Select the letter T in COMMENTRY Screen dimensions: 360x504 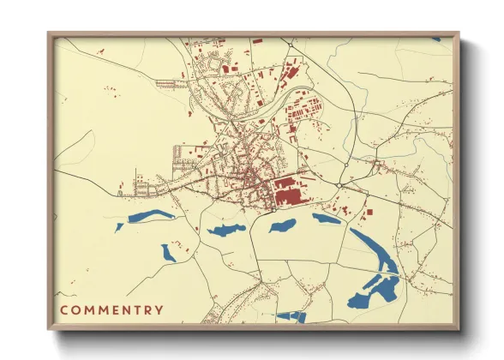click(135, 309)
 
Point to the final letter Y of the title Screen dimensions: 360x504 click(159, 309)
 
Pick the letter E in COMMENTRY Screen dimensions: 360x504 click(109, 309)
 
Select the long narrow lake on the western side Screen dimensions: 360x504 click(151, 217)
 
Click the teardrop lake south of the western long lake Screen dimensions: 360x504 click(168, 252)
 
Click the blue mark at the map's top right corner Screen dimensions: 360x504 click(435, 39)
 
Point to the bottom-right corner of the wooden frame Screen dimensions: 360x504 click(458, 328)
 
